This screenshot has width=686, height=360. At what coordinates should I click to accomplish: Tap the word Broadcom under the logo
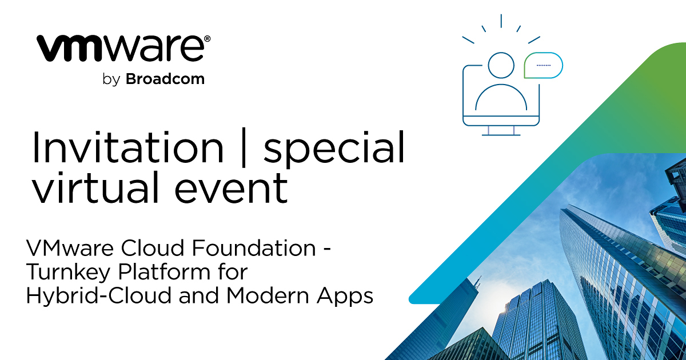tap(165, 79)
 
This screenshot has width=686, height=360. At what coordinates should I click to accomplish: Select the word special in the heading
tap(334, 148)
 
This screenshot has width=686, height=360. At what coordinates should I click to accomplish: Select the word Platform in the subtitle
tap(154, 273)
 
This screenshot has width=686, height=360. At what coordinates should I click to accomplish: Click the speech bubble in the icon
tap(543, 65)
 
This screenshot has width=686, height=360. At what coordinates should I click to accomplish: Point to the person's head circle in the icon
tap(501, 65)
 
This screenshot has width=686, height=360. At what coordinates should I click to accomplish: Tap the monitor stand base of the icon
tap(501, 134)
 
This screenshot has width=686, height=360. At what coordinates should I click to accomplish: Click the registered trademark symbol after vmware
tap(207, 39)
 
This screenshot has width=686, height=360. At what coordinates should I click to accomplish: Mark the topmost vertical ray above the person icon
tap(501, 21)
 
